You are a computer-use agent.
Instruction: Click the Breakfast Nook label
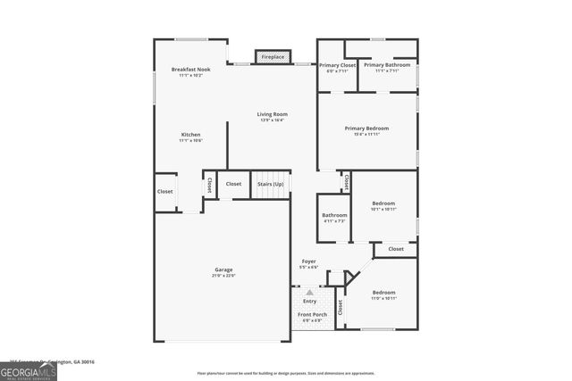pos(190,70)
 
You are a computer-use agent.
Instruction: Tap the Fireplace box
pos(273,57)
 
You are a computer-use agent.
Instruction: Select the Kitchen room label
pos(190,135)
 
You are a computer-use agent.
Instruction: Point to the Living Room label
pos(273,114)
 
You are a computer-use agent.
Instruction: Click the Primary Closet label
pos(337,65)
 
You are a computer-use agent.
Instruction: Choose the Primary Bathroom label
pos(387,65)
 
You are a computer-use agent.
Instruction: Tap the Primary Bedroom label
pos(366,128)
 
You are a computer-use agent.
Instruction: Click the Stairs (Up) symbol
pos(272,184)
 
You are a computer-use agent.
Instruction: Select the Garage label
pos(223,269)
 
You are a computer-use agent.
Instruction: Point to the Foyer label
pos(308,261)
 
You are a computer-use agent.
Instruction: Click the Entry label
pos(309,301)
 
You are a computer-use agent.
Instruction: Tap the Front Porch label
pos(312,314)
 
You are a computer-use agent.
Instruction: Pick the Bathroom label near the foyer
pos(335,215)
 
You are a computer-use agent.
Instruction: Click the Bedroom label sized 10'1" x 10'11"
pos(383,203)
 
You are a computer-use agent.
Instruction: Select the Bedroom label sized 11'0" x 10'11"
pos(383,293)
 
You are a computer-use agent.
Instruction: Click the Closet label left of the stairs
pos(233,184)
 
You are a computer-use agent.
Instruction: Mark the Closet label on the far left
pos(165,191)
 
